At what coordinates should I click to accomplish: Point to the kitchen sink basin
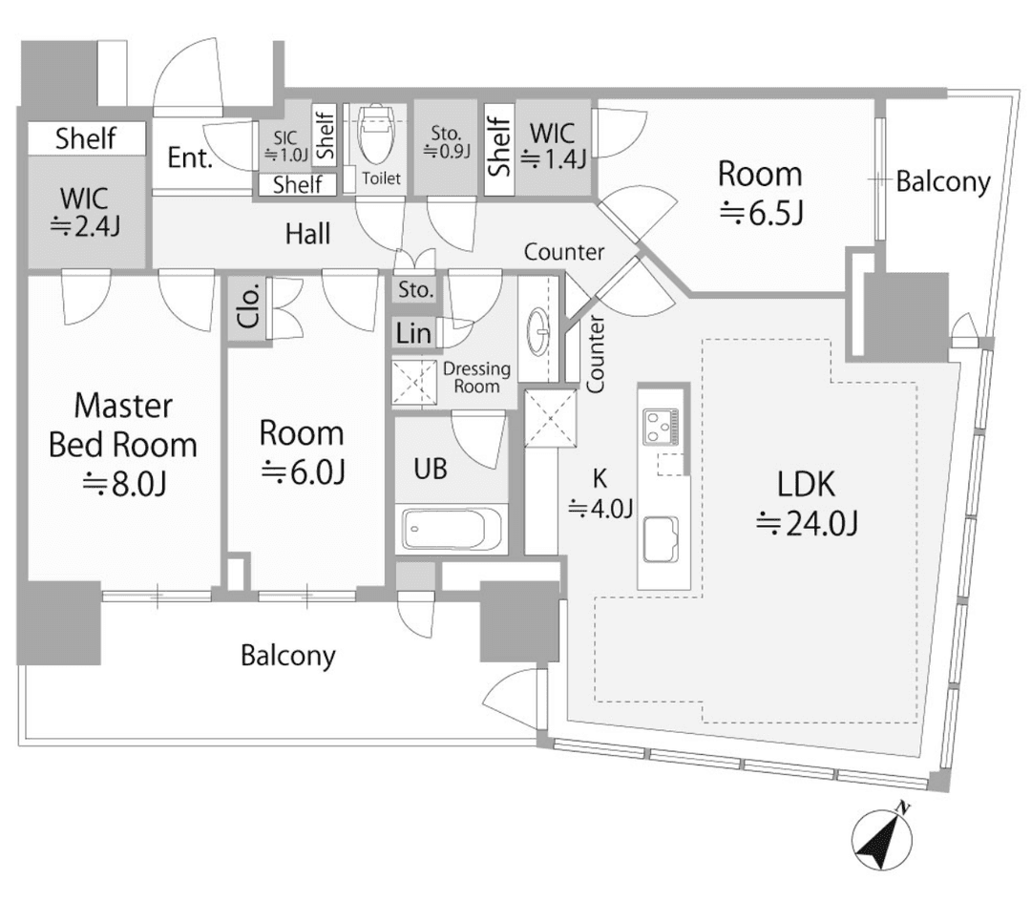(x=661, y=536)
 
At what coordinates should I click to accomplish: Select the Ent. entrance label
(x=190, y=158)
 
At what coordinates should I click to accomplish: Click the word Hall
(x=308, y=233)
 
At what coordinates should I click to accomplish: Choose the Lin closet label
(x=412, y=333)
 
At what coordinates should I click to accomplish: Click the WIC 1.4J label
(x=554, y=145)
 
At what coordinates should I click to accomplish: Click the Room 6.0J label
(x=302, y=450)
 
